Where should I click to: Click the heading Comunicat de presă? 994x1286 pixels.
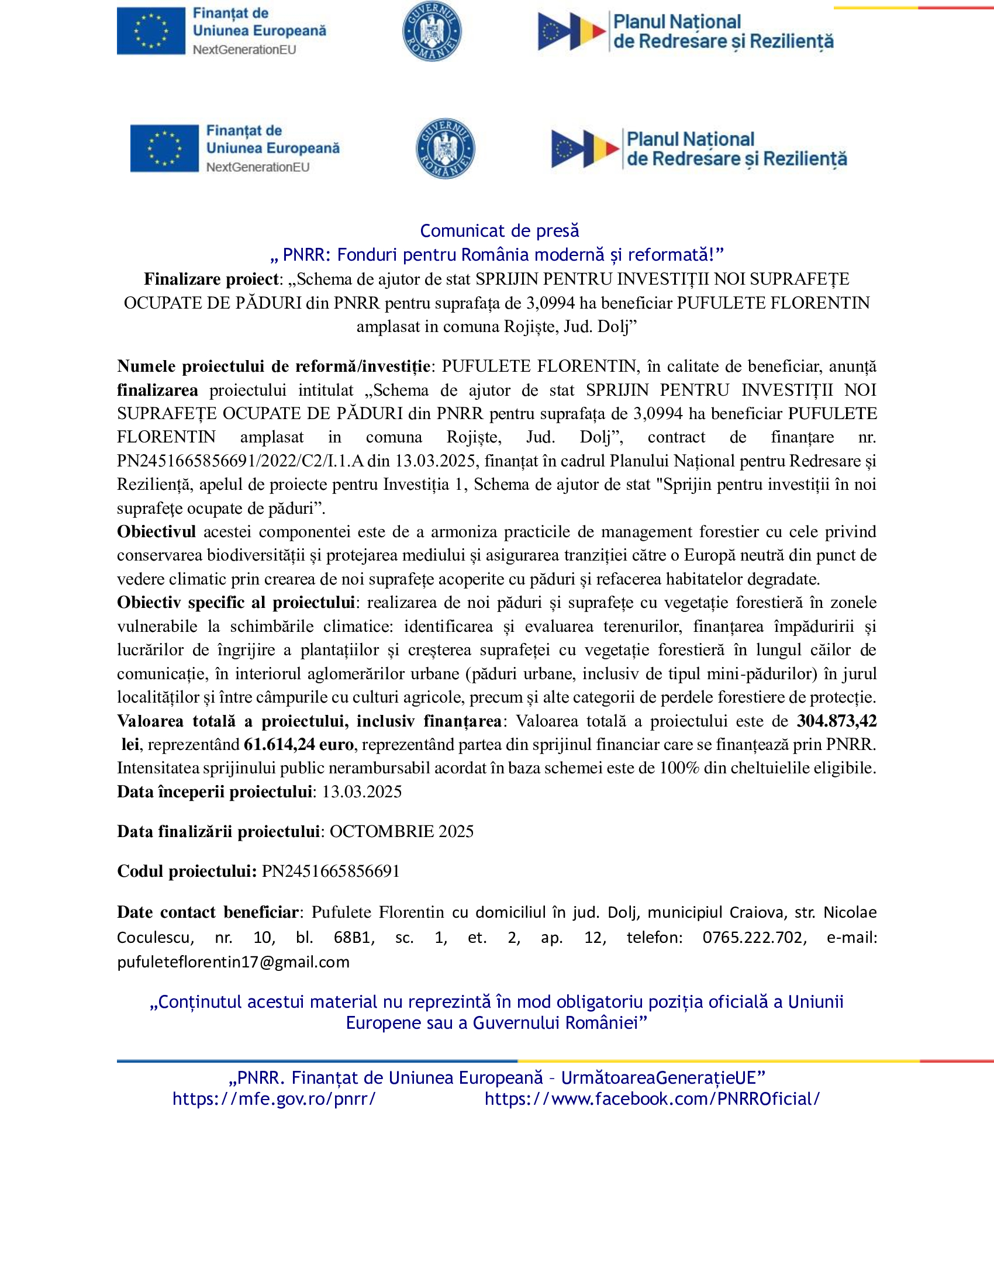tap(499, 231)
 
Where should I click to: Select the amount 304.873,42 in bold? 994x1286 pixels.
tap(836, 721)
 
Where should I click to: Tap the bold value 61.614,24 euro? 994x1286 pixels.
tap(299, 745)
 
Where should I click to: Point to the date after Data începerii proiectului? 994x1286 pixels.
tap(361, 792)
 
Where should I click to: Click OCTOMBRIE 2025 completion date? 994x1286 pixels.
tap(401, 831)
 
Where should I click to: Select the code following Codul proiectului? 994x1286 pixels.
tap(330, 872)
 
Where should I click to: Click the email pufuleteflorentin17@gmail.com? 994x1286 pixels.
tap(233, 962)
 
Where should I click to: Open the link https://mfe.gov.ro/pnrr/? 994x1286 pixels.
tap(274, 1099)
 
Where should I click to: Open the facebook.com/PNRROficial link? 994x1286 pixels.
tap(652, 1099)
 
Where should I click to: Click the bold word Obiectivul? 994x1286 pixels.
tap(156, 532)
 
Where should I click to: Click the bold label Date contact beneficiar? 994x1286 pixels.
tap(209, 912)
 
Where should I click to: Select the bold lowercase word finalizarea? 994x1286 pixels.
tap(157, 390)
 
